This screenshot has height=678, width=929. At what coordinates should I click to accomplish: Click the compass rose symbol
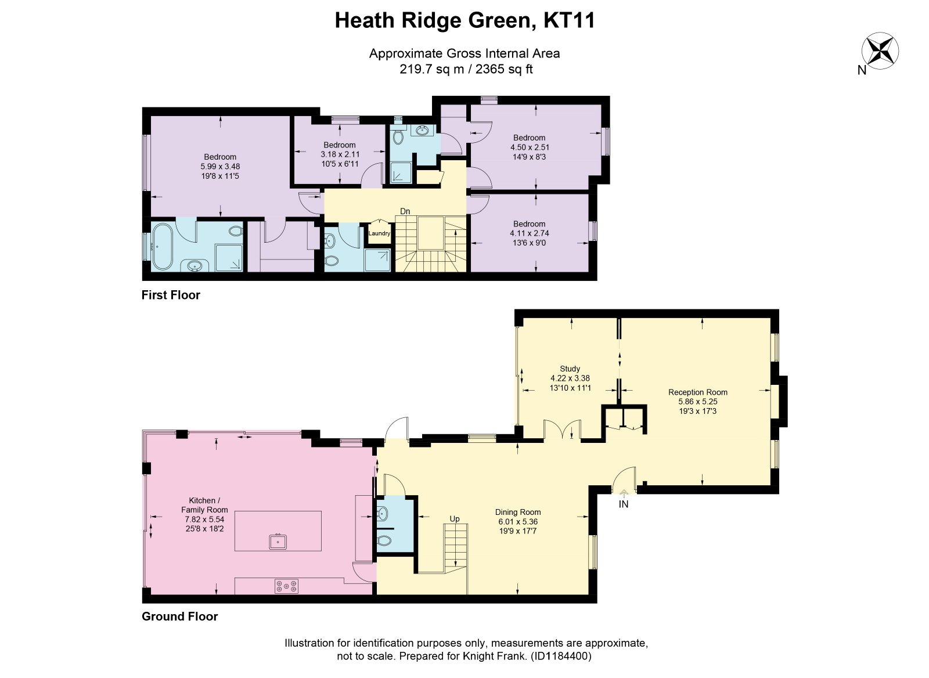[880, 52]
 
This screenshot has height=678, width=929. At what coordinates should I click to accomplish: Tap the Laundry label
[379, 233]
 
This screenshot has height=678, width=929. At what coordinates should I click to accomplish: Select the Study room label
[570, 369]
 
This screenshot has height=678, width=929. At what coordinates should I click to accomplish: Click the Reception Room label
[697, 392]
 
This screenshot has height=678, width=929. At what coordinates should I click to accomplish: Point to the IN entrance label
[624, 504]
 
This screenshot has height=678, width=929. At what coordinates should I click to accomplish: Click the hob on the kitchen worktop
[287, 586]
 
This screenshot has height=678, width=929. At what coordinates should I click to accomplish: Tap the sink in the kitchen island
[278, 541]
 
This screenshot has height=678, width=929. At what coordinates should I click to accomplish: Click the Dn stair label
[405, 211]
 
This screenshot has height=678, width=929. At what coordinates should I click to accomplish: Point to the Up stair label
[455, 519]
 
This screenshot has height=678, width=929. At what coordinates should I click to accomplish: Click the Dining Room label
[517, 512]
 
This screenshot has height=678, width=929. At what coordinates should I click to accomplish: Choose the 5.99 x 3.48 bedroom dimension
[220, 167]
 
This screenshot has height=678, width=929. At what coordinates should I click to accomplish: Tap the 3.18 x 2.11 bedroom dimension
[340, 154]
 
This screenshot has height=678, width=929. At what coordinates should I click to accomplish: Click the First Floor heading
[171, 295]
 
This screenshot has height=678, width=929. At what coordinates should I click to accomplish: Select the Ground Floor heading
[179, 616]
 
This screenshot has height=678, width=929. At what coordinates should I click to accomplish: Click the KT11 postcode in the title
[569, 20]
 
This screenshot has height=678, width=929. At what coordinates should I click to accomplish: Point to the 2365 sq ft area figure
[504, 69]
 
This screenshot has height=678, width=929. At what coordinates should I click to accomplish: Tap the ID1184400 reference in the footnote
[561, 657]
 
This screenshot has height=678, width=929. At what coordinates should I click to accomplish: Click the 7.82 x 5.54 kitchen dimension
[204, 520]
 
